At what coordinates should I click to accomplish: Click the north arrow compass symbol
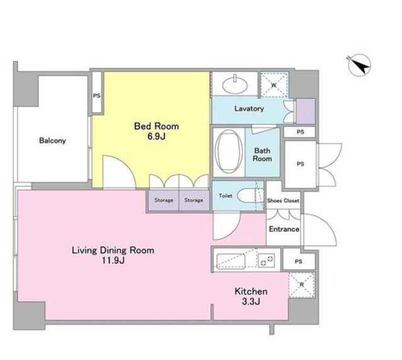click(359, 65)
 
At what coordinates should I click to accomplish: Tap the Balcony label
click(52, 141)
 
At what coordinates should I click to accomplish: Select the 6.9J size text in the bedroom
click(156, 136)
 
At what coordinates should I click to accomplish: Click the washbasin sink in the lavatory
click(235, 84)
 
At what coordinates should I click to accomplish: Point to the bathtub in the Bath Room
click(229, 152)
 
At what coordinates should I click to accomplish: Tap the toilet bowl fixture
click(247, 196)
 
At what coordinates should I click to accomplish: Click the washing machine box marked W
click(274, 85)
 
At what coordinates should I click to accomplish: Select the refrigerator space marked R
click(302, 285)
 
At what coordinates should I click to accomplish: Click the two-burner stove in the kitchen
click(267, 260)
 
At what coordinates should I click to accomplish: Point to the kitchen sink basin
click(231, 261)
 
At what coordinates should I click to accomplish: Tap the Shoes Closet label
click(283, 200)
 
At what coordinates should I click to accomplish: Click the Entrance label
click(284, 229)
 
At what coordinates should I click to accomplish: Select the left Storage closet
click(164, 200)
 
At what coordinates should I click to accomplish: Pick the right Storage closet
click(194, 200)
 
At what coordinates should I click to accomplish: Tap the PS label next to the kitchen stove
click(299, 262)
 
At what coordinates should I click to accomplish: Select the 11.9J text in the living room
click(113, 260)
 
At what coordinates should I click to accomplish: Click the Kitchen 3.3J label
click(251, 296)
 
